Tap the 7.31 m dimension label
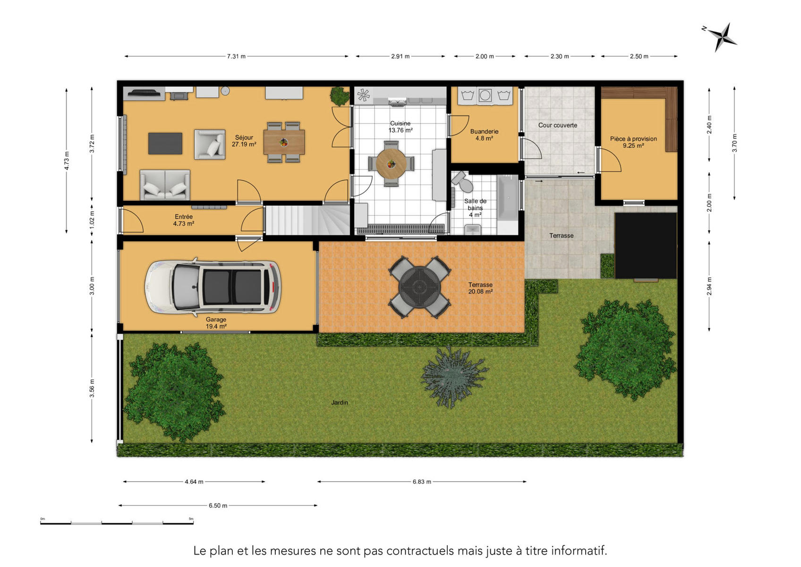[x=236, y=57]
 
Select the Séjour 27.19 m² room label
[x=244, y=141]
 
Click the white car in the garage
[x=213, y=287]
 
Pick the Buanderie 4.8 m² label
[x=484, y=135]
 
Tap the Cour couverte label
[x=558, y=125]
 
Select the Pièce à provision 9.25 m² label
[x=633, y=142]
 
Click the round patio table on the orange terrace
[x=419, y=287]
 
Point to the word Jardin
[x=340, y=403]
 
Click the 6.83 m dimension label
[x=422, y=482]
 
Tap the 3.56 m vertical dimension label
[x=92, y=388]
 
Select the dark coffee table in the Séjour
[x=165, y=144]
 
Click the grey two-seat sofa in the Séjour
[x=165, y=185]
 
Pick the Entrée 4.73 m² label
[x=184, y=220]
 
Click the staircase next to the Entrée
[x=307, y=220]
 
